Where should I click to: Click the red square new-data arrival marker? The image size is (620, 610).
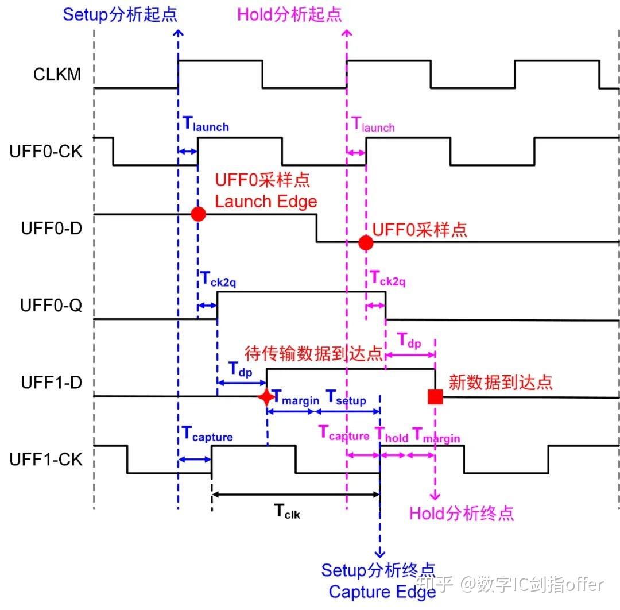435,396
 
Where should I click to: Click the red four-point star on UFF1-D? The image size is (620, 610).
266,397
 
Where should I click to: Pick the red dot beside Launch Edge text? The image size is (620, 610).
198,214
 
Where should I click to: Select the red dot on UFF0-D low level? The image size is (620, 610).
366,242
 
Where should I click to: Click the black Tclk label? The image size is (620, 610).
285,511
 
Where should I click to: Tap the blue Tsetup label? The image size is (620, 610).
346,397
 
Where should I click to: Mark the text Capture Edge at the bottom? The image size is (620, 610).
382,592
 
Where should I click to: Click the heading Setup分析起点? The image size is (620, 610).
120,15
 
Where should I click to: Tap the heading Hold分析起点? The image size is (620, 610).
289,15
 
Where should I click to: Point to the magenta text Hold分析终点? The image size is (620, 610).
461,513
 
